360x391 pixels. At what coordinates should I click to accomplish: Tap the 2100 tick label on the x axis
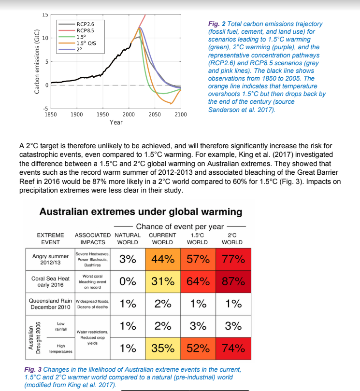(180, 114)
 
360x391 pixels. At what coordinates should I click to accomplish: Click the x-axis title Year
(116, 123)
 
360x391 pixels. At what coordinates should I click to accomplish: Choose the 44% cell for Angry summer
(162, 259)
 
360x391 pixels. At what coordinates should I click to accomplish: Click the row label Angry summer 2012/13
(50, 259)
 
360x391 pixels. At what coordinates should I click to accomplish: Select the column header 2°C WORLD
(232, 238)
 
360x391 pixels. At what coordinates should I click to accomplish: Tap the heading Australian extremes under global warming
(141, 212)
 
